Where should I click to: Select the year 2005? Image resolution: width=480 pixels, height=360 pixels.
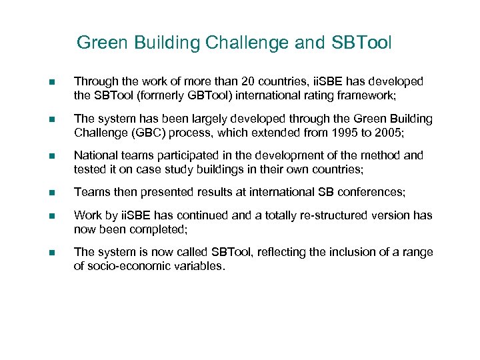(387, 132)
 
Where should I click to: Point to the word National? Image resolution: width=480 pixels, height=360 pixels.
(93, 156)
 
